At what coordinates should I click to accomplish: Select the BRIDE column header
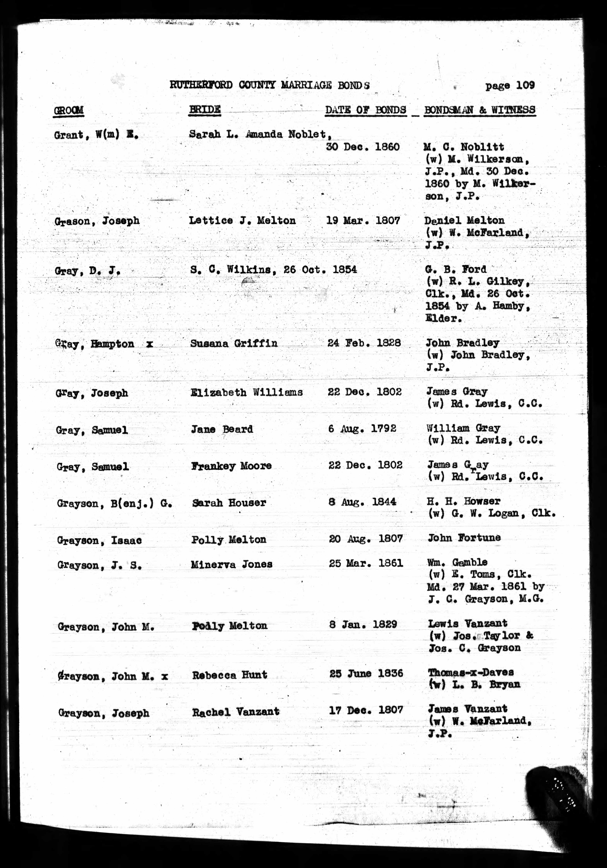coord(204,110)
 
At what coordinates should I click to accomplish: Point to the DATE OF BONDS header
coord(365,110)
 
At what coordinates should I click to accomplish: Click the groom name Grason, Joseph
coord(97,221)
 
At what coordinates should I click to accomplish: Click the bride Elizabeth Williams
coord(246,392)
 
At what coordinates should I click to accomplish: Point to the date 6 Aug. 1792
coord(362,429)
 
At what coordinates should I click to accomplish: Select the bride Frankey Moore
coord(231,466)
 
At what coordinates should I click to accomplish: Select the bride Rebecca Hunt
coord(229,675)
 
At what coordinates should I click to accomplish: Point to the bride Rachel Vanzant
coord(235,712)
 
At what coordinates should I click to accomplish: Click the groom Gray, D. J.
coord(88,271)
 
